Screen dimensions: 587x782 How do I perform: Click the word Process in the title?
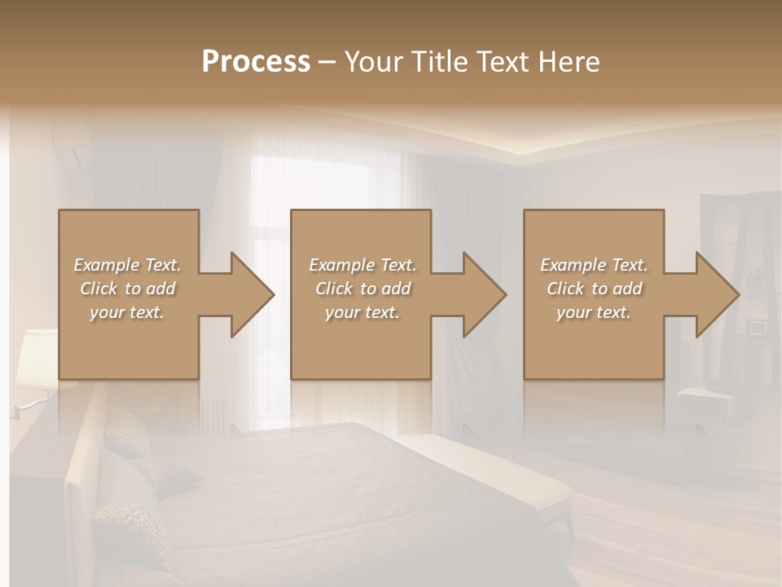coord(256,62)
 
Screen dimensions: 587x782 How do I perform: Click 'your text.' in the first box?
coord(127,312)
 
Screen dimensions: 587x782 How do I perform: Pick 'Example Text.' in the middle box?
coord(362,265)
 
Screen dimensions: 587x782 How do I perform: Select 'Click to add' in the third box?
coord(594,289)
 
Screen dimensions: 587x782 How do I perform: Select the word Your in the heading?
coord(376,62)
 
